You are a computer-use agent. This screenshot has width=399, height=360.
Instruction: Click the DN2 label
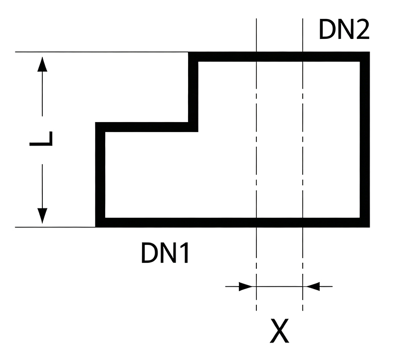344,29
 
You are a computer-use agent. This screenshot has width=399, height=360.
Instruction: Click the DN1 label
165,253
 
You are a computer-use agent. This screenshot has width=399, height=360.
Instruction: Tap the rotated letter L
41,139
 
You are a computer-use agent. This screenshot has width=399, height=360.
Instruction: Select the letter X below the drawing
279,331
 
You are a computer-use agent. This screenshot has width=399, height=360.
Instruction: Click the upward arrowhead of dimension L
42,64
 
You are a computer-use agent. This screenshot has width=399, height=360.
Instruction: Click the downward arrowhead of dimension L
42,216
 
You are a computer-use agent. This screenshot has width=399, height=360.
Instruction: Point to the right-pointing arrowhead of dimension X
245,287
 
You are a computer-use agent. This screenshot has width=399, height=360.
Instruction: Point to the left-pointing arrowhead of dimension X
313,287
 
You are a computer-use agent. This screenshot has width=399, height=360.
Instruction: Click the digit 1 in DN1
184,253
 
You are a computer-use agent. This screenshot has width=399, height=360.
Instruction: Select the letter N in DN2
345,30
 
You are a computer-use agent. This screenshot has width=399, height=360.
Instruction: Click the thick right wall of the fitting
365,140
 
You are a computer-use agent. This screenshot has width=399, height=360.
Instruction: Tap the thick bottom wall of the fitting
232,222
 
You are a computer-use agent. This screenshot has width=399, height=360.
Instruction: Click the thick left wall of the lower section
100,175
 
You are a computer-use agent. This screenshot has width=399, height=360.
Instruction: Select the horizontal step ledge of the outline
147,127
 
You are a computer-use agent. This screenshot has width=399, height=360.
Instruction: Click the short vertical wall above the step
193,92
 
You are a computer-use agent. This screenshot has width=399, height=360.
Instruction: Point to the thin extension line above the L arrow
102,52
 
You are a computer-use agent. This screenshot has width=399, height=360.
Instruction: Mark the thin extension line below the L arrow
55,227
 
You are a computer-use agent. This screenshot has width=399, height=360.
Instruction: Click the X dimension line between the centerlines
279,287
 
